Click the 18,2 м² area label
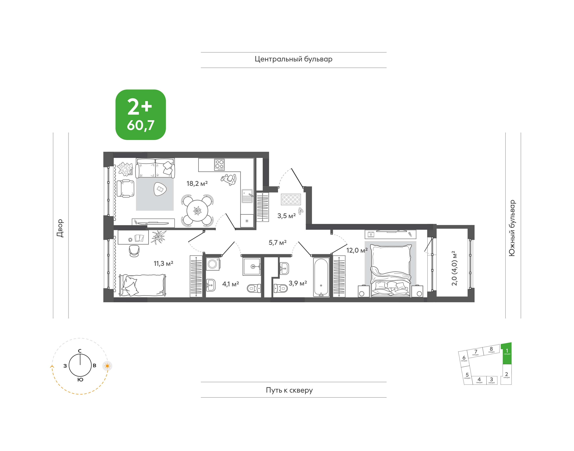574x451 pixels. pos(197,183)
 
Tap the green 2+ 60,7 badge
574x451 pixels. pos(141,115)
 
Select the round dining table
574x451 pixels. pos(197,211)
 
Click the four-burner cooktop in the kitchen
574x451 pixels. pos(219,164)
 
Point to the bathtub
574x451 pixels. pos(321,277)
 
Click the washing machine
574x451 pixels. pos(213,264)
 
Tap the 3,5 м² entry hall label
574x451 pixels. pos(286,216)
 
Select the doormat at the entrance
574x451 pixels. pos(291,199)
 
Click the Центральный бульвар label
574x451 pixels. pos(293,59)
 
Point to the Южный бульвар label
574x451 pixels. pos(512,228)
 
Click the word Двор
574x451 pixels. pos(60,228)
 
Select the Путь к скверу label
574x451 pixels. pos(289,390)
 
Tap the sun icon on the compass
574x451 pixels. pos(107,366)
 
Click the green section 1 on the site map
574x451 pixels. pos(506,353)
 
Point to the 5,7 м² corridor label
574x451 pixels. pos(277,243)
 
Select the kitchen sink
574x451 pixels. pos(247,196)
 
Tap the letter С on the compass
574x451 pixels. pos(80,351)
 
